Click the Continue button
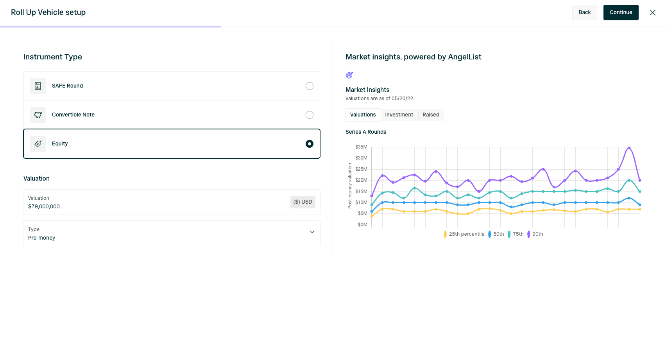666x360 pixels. (x=621, y=13)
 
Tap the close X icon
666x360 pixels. (x=653, y=13)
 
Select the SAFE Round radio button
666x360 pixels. (x=310, y=86)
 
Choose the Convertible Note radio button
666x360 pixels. (x=310, y=115)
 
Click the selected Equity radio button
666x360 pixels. (x=310, y=144)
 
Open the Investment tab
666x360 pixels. (x=399, y=115)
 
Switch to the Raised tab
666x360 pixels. (x=431, y=115)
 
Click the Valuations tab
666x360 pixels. (x=363, y=115)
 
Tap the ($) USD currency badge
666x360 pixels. (x=303, y=202)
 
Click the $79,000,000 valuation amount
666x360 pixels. (x=44, y=207)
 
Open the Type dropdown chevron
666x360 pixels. (x=312, y=232)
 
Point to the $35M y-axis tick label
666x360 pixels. (x=361, y=147)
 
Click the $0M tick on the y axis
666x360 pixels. (x=362, y=225)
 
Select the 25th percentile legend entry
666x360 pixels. (x=464, y=234)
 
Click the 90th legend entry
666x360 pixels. (x=535, y=234)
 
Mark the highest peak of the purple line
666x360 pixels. (x=629, y=148)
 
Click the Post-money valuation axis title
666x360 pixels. (x=350, y=186)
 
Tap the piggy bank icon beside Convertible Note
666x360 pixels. (x=38, y=115)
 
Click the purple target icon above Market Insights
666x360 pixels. (x=349, y=75)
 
